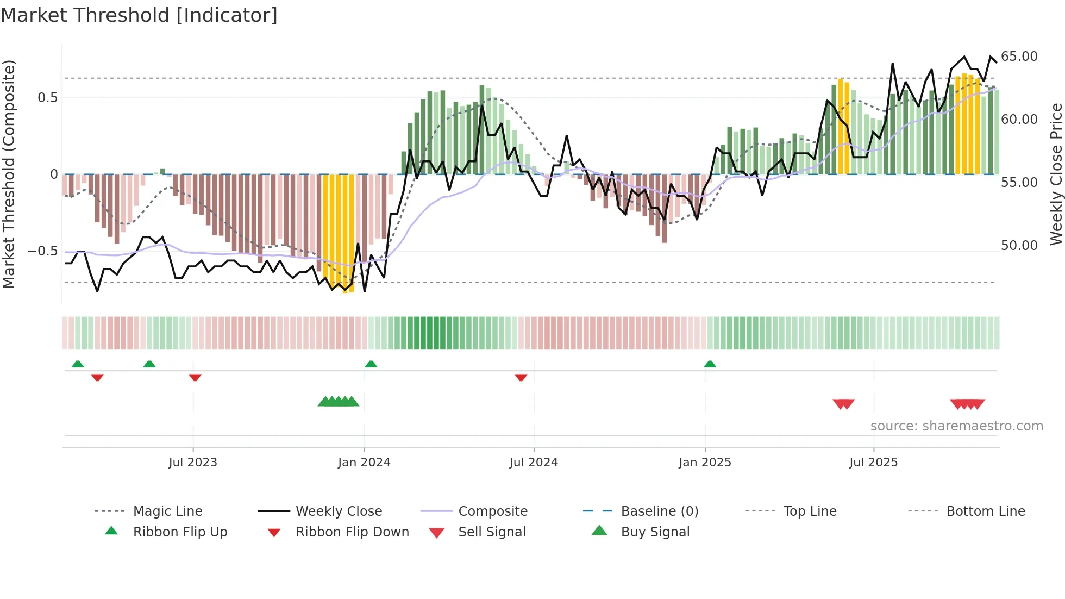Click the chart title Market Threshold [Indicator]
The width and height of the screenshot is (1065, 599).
click(x=139, y=15)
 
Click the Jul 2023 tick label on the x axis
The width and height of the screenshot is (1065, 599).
click(x=193, y=463)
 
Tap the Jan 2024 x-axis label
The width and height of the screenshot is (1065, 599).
click(x=364, y=463)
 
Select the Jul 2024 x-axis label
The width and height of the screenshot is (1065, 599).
click(x=534, y=463)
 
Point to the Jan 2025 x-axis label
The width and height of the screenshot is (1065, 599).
click(x=705, y=463)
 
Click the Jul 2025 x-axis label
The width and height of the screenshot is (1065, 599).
click(x=874, y=463)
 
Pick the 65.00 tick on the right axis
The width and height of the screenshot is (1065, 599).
click(x=1019, y=57)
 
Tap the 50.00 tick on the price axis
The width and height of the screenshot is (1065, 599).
click(x=1019, y=246)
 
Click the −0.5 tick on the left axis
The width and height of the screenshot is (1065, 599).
click(x=43, y=251)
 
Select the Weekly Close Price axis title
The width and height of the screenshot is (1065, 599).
click(x=1056, y=174)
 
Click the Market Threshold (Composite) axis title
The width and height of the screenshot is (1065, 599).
click(x=9, y=174)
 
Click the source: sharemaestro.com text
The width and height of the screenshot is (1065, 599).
click(x=956, y=426)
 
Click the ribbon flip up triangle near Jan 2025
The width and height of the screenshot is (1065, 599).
click(x=710, y=364)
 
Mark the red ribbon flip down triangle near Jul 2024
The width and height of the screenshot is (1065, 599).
click(x=521, y=377)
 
